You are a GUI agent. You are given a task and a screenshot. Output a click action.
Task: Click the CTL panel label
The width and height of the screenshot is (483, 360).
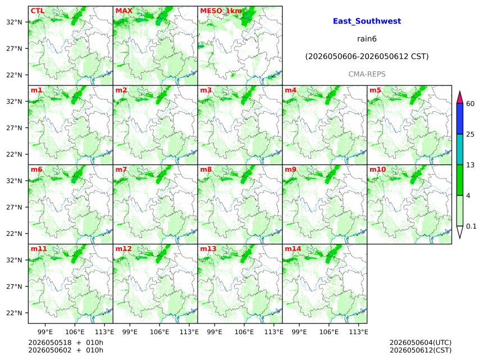(37, 11)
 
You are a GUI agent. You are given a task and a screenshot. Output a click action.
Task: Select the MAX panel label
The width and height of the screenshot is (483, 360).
(124, 11)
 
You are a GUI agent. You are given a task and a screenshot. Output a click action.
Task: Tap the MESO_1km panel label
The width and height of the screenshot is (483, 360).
(221, 11)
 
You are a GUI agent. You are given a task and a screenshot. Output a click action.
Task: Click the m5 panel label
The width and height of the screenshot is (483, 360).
(375, 90)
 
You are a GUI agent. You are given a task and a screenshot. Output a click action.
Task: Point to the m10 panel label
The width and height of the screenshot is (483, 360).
(377, 170)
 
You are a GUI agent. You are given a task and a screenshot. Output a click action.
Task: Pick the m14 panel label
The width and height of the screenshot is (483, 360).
(293, 249)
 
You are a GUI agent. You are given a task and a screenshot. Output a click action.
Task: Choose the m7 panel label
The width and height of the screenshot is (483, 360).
(121, 170)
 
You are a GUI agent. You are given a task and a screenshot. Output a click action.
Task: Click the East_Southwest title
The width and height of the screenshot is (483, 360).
(367, 21)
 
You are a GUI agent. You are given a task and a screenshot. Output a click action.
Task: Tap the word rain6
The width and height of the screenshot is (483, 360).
(367, 39)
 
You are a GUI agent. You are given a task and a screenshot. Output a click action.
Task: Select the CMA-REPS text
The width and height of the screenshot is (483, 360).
(367, 74)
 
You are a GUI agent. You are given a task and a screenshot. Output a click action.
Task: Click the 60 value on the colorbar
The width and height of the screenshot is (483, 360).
(470, 103)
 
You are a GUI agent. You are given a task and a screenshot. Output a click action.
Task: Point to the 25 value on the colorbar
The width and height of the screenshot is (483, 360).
(470, 134)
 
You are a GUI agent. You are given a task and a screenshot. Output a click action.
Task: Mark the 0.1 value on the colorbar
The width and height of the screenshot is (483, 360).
(471, 226)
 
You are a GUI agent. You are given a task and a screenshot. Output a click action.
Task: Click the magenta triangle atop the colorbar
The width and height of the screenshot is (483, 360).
(459, 98)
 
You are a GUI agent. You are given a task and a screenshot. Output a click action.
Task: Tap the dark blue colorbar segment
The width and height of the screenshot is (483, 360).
(459, 119)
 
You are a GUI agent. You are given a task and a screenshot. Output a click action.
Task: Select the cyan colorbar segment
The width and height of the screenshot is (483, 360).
(459, 149)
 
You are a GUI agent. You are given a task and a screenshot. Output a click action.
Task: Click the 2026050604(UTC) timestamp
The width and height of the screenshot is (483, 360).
(421, 343)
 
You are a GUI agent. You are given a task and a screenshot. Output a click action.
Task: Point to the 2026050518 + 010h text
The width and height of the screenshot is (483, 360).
(66, 343)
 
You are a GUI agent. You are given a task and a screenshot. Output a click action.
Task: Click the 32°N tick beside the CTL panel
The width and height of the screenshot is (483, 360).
(14, 22)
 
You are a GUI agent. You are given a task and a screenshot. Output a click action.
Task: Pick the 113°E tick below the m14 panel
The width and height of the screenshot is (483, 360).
(358, 332)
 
